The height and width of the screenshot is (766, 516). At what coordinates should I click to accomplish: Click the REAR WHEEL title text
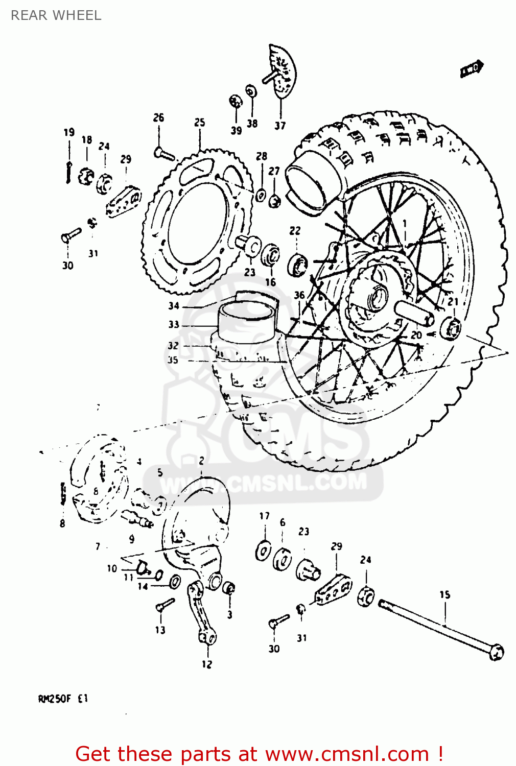(56, 15)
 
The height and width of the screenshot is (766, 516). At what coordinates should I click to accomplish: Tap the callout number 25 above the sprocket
(200, 123)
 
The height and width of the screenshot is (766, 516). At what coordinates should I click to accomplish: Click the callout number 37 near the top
(280, 126)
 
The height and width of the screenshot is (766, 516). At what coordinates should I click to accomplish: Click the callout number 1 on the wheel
(405, 223)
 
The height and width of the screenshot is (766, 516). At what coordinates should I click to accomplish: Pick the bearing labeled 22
(297, 265)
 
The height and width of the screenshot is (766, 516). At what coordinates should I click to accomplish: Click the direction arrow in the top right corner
(472, 69)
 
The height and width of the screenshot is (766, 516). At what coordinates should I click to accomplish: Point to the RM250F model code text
(63, 699)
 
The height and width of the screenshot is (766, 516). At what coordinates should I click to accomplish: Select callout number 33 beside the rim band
(174, 324)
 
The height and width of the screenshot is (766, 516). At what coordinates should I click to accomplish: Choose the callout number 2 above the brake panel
(201, 460)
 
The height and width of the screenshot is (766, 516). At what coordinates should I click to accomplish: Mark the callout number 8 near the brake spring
(62, 523)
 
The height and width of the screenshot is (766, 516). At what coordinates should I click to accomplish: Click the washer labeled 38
(251, 92)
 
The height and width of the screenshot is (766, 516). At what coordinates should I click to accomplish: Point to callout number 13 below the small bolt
(160, 630)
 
